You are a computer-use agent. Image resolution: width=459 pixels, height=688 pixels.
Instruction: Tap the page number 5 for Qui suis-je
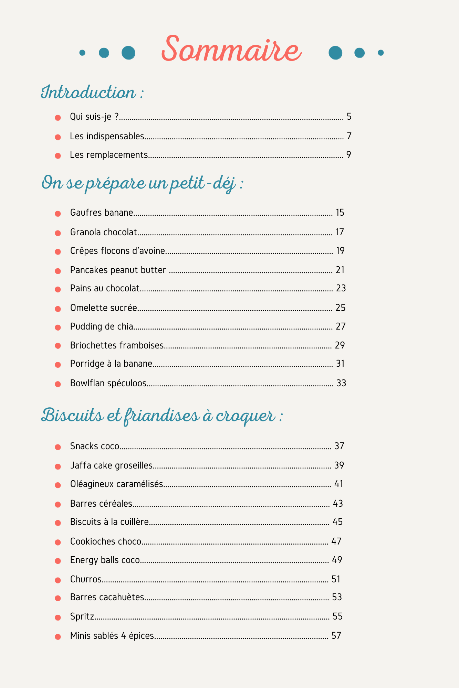coord(349,117)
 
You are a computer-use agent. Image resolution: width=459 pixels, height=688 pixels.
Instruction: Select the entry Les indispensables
coord(107,136)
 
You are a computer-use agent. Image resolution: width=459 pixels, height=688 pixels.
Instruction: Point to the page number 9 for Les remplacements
coord(348,155)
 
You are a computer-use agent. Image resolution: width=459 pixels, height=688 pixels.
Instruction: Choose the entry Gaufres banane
coord(102,213)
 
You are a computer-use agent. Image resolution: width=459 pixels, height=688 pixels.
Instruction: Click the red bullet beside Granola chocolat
coord(58,233)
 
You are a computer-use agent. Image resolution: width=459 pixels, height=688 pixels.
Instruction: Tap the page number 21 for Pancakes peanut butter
coord(340,270)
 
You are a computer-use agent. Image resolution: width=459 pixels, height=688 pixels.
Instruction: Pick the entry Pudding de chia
coord(102,326)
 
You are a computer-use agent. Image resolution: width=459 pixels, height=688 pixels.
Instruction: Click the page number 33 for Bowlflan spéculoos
coord(341,383)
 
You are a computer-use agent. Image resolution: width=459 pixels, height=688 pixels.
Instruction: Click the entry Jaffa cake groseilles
coord(111,465)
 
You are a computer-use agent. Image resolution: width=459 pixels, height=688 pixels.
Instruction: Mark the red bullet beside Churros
coord(58,580)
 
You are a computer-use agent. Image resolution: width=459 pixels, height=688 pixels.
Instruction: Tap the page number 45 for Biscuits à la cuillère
coord(337,522)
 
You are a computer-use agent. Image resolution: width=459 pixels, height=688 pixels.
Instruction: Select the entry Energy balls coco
coord(105,560)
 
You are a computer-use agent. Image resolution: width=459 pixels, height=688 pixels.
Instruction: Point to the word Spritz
coord(82,616)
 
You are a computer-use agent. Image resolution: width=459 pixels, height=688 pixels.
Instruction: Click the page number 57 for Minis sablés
coord(336,636)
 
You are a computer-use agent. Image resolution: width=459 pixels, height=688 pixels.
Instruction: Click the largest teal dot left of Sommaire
coord(128,53)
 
